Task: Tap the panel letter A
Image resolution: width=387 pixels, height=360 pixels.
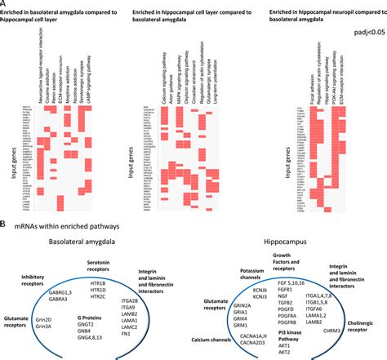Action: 6,4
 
